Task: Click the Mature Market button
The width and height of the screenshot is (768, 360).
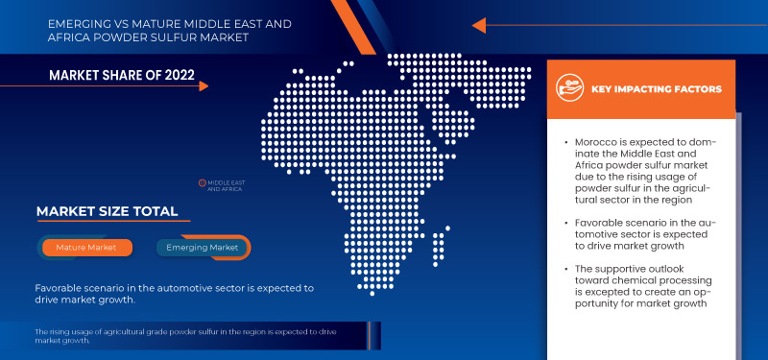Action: pos(85,247)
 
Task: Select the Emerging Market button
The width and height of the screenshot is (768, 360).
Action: pos(202,247)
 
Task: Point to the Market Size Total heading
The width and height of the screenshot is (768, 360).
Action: pos(107,211)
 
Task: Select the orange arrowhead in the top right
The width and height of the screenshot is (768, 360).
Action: pos(479,25)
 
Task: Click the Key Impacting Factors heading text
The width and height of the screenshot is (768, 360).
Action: pos(657,89)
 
